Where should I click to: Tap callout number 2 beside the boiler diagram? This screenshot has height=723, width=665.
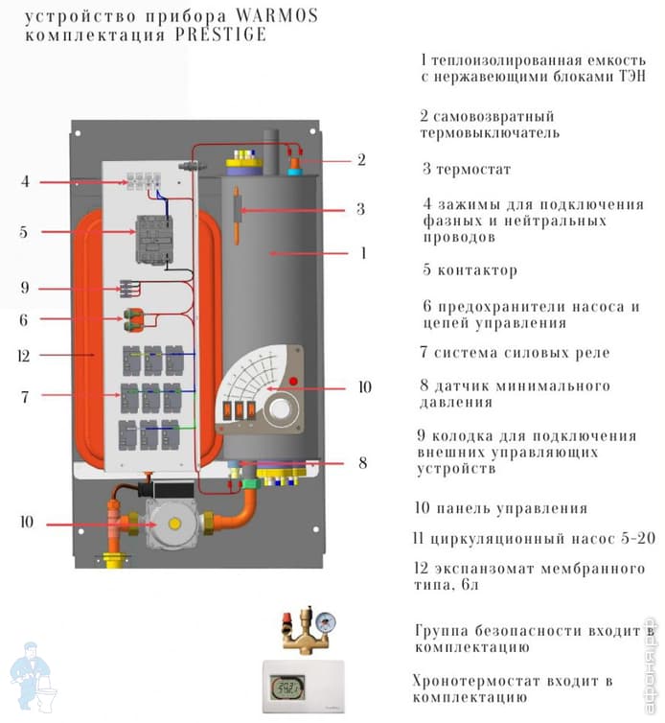(x=361, y=160)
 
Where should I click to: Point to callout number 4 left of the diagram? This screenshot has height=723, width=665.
(x=25, y=181)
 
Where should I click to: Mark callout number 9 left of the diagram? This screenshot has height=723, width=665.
(x=25, y=287)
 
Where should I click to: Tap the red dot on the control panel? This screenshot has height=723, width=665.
(x=294, y=384)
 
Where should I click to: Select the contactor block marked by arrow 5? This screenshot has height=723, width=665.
(x=152, y=235)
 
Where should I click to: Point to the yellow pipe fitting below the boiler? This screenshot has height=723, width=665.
(x=113, y=555)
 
